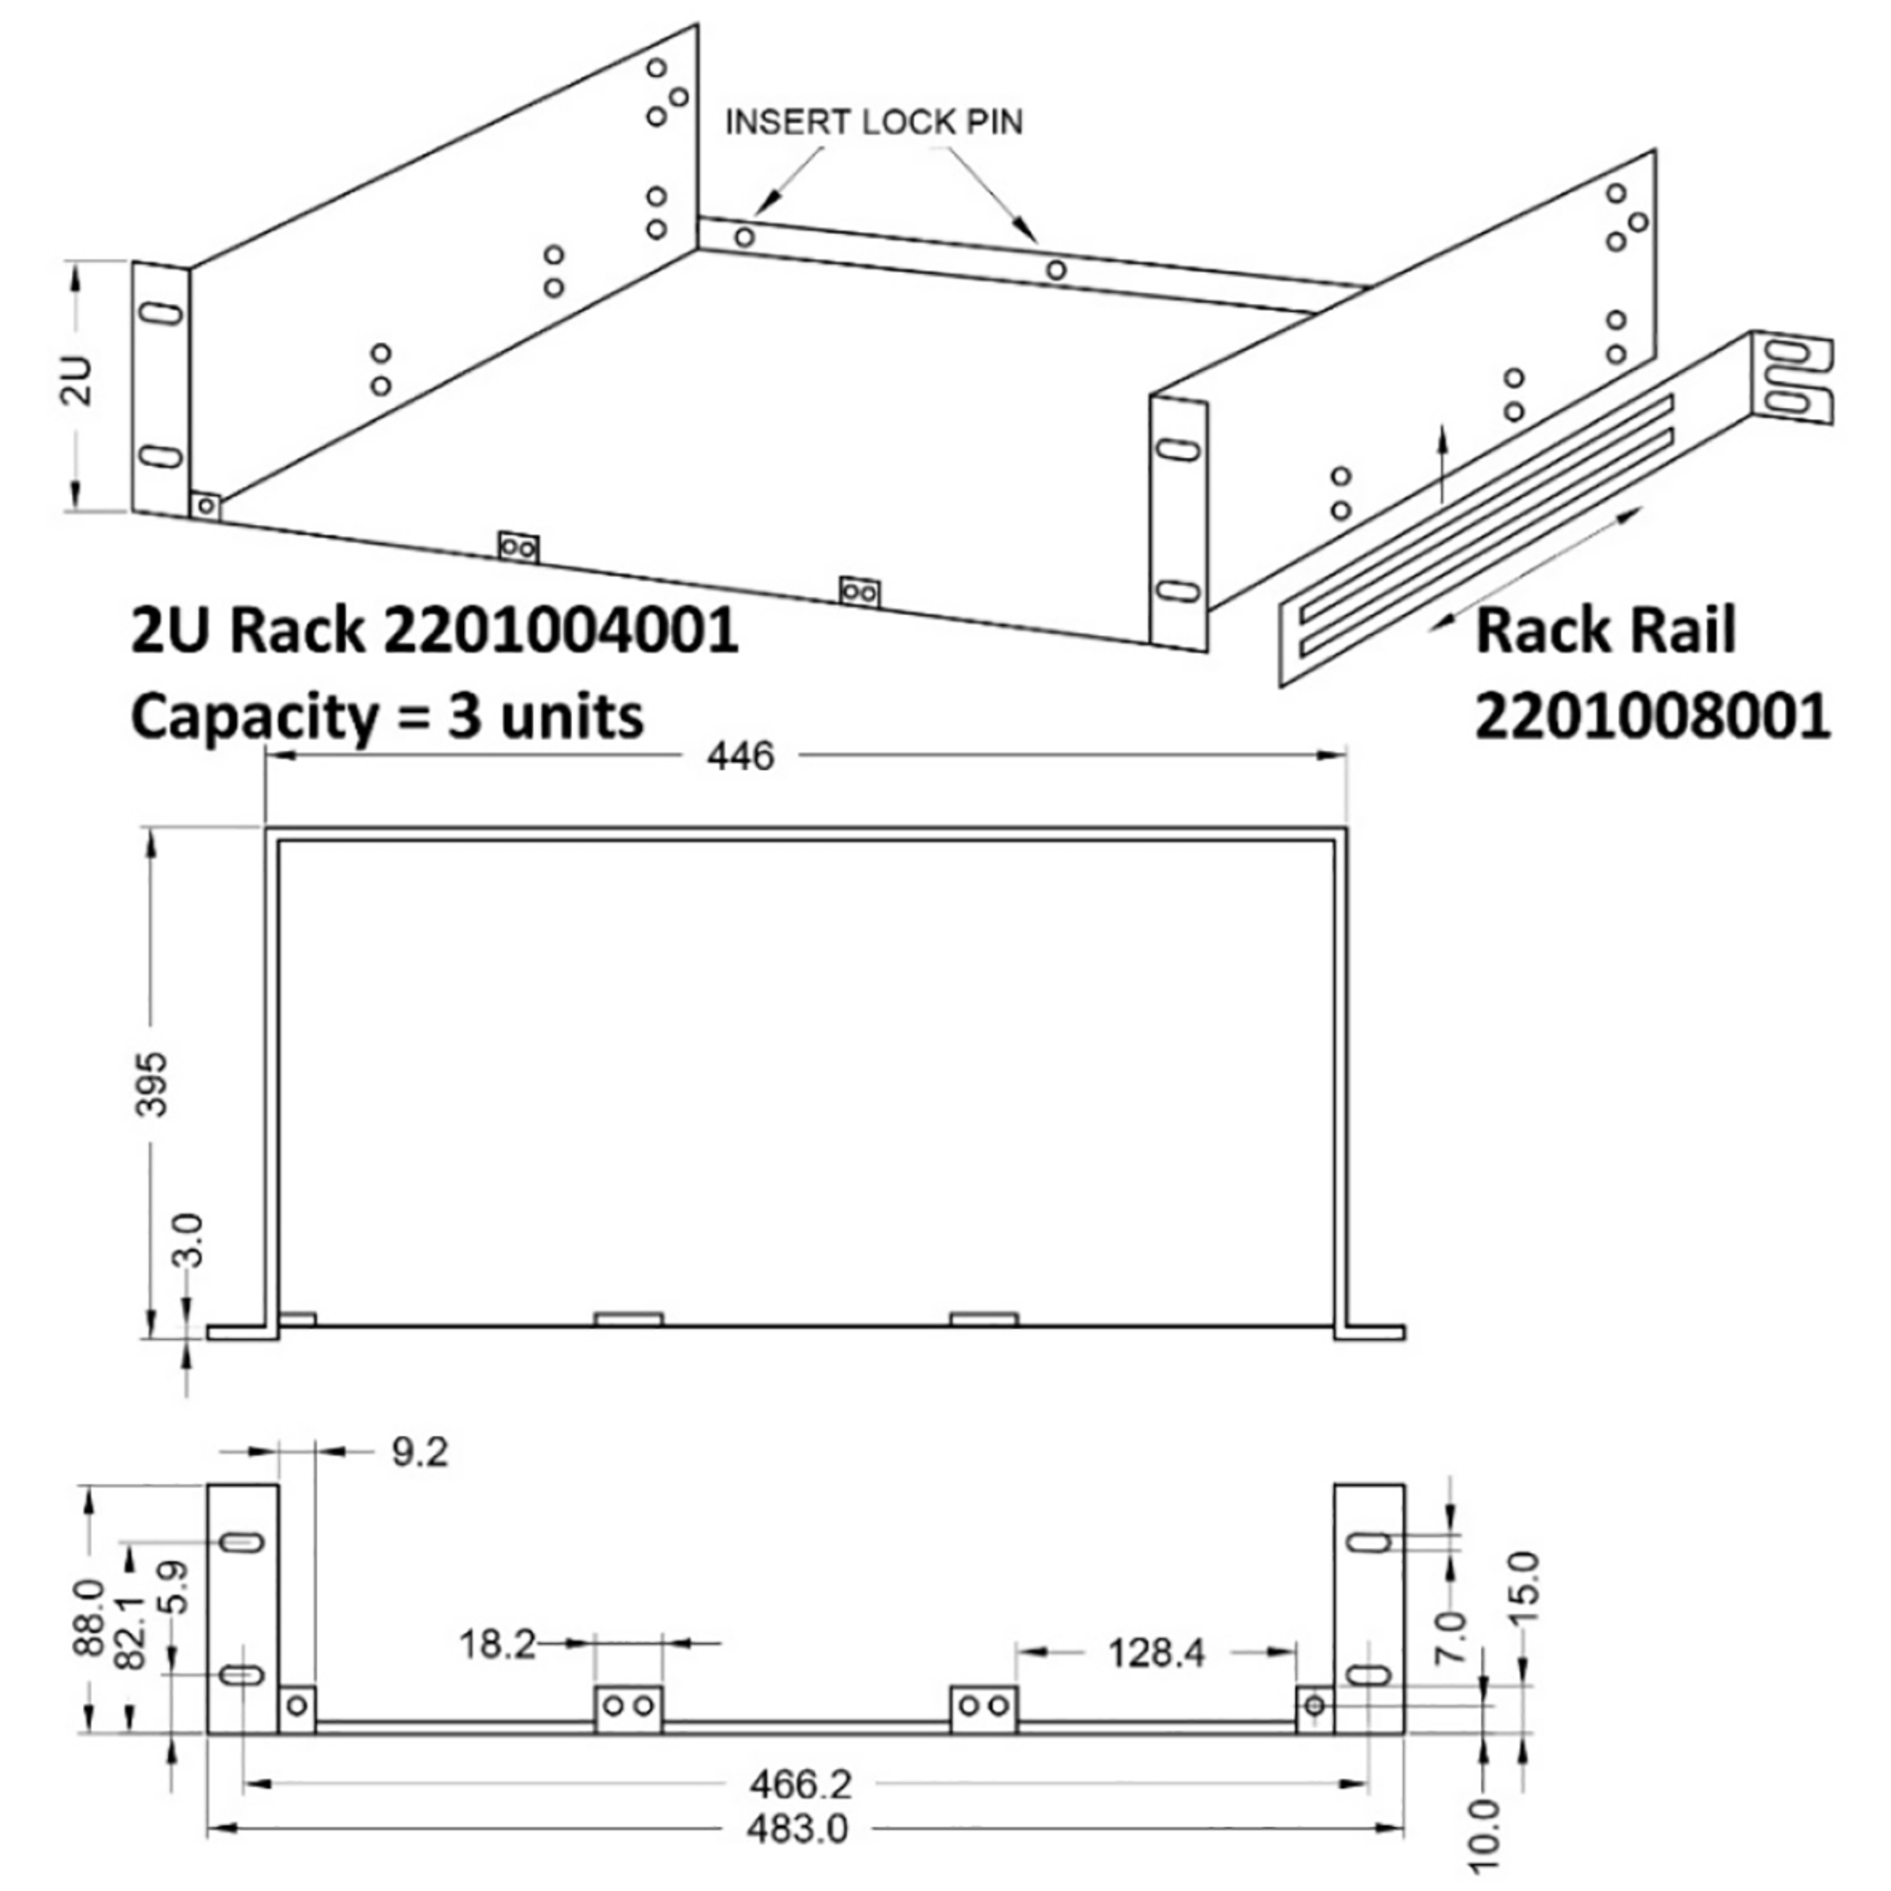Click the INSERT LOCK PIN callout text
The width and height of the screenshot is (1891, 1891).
[x=873, y=122]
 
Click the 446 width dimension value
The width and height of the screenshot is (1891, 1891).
[x=740, y=756]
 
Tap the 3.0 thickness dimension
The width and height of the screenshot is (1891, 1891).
[x=190, y=1241]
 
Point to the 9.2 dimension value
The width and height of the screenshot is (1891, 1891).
[x=420, y=1452]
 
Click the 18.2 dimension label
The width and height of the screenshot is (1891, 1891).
[x=497, y=1644]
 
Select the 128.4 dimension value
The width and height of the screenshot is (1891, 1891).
[x=1156, y=1653]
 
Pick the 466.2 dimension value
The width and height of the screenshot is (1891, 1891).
[x=801, y=1785]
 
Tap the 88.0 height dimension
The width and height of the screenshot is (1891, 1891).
[x=89, y=1617]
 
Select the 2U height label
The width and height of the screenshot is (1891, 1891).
[x=81, y=381]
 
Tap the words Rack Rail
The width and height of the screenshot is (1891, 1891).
[x=1605, y=630]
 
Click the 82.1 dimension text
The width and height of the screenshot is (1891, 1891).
[x=131, y=1632]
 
